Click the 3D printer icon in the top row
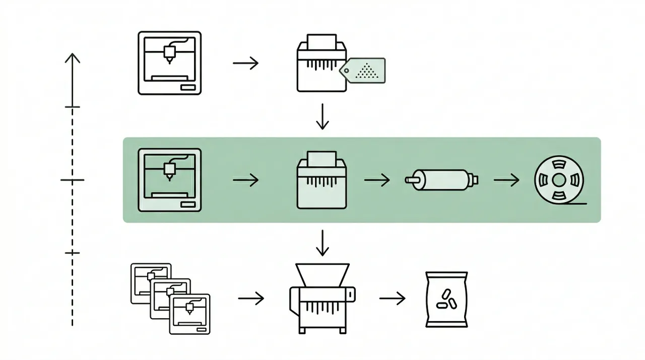169,63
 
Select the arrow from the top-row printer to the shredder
245,63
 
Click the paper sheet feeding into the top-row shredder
321,41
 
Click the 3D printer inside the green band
169,179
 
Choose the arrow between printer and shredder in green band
245,180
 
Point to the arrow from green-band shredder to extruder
377,180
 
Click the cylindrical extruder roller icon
442,179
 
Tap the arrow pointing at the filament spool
506,180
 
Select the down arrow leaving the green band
322,243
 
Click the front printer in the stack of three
190,314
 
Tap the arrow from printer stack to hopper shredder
251,298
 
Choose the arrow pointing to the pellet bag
392,298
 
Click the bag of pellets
446,299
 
